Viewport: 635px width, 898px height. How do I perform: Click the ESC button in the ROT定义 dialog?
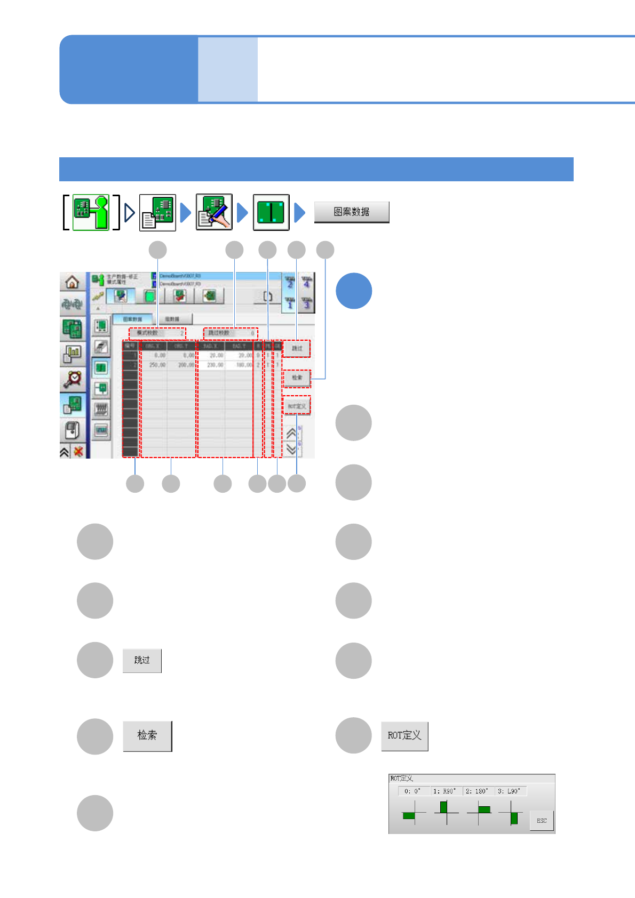tap(541, 821)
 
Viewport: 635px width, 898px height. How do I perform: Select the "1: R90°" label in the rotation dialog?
tap(445, 791)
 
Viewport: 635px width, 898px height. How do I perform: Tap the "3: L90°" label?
tap(510, 791)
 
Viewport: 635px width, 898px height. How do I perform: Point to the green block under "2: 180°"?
tap(484, 809)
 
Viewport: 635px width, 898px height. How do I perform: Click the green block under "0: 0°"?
tap(409, 816)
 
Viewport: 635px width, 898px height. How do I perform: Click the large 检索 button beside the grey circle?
tap(147, 736)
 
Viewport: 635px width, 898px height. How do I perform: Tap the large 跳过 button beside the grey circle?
tap(142, 660)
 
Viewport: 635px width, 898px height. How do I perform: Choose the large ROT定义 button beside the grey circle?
tap(404, 736)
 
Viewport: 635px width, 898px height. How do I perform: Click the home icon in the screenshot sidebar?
tap(72, 282)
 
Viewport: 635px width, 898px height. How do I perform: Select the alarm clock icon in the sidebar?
tap(72, 378)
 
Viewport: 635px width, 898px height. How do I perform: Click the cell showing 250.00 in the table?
tap(157, 365)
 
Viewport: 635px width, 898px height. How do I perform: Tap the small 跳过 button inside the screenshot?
tap(297, 348)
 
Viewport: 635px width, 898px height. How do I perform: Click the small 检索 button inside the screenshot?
tap(297, 378)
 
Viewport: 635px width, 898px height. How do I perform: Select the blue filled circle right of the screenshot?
tap(353, 291)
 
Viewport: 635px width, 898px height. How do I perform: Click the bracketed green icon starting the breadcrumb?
tap(91, 212)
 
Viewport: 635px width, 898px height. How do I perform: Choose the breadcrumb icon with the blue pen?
tap(214, 212)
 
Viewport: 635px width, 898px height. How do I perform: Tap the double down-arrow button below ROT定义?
tap(291, 449)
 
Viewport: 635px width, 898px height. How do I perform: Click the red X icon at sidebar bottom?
tap(78, 452)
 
